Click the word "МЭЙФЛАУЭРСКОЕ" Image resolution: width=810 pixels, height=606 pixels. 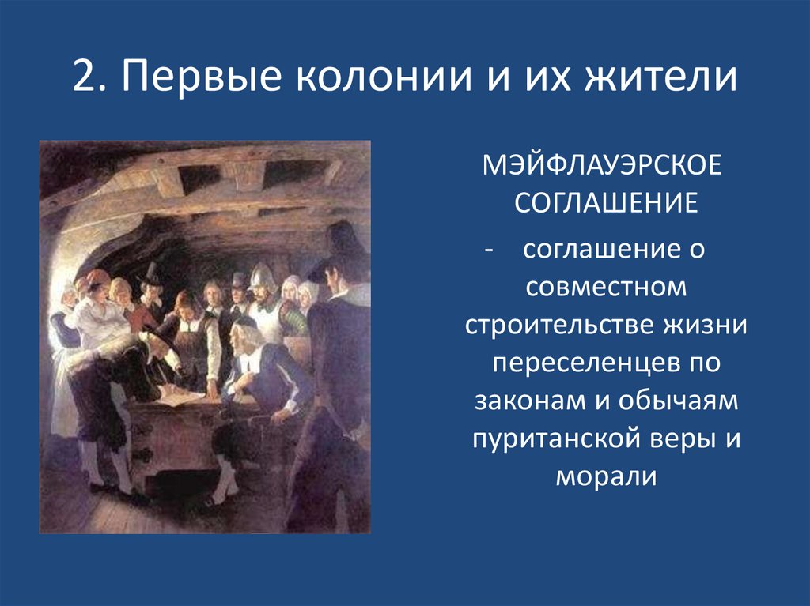pyautogui.click(x=606, y=167)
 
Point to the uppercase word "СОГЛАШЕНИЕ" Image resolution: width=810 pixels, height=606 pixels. pyautogui.click(x=606, y=204)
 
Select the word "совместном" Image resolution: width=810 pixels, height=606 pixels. pyautogui.click(x=606, y=288)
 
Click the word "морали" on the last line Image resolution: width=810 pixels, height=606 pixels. pyautogui.click(x=606, y=476)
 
